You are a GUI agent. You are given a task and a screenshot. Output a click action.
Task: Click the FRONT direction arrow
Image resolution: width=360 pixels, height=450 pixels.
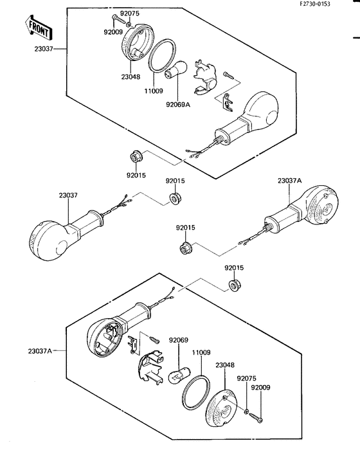click(x=38, y=28)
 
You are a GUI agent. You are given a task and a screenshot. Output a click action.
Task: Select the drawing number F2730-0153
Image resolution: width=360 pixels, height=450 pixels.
click(x=315, y=4)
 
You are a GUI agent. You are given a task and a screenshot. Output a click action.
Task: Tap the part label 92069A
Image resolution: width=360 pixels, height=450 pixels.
click(x=178, y=104)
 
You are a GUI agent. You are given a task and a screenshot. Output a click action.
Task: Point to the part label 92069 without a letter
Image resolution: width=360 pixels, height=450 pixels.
click(x=179, y=340)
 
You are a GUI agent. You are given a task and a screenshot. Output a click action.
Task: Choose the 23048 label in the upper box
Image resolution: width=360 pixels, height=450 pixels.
click(x=130, y=77)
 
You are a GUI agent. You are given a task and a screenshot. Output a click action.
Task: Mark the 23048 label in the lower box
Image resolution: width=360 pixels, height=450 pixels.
click(x=225, y=365)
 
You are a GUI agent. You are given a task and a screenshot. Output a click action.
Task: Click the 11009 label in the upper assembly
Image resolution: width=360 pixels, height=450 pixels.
click(x=153, y=91)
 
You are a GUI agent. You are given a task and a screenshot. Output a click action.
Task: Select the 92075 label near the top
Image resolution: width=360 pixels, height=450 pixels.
click(x=129, y=14)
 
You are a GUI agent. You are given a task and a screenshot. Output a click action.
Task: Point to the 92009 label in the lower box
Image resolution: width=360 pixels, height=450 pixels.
click(x=260, y=388)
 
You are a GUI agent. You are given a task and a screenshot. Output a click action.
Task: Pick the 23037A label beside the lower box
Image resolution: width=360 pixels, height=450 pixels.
click(x=40, y=351)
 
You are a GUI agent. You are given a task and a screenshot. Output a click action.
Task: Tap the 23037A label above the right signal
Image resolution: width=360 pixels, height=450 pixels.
click(x=290, y=181)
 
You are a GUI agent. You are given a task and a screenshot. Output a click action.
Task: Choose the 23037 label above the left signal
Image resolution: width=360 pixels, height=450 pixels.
click(x=68, y=195)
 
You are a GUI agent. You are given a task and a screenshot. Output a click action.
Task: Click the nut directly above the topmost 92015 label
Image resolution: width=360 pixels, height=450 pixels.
click(x=134, y=158)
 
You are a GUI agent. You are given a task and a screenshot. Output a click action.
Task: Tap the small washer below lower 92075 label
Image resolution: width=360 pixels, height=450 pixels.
click(x=247, y=412)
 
